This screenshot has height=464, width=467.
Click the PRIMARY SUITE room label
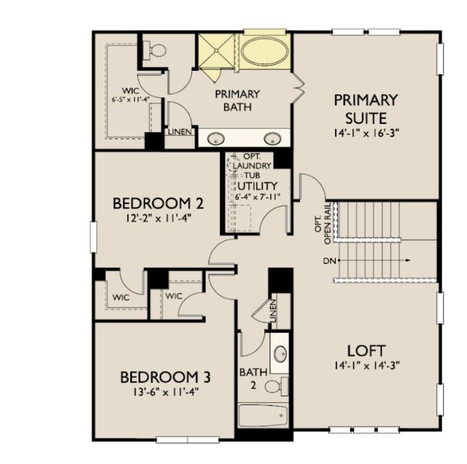(366, 108)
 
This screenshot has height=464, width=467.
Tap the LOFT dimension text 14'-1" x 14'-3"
(366, 364)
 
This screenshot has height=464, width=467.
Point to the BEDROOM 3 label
(165, 378)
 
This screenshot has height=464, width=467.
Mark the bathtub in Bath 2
(263, 415)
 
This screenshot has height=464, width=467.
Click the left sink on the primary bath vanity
(217, 138)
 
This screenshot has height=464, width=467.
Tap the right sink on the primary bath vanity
(272, 138)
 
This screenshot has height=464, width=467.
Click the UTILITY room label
(257, 186)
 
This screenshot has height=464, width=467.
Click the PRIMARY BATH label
(237, 100)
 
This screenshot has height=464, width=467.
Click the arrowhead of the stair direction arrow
(408, 260)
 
